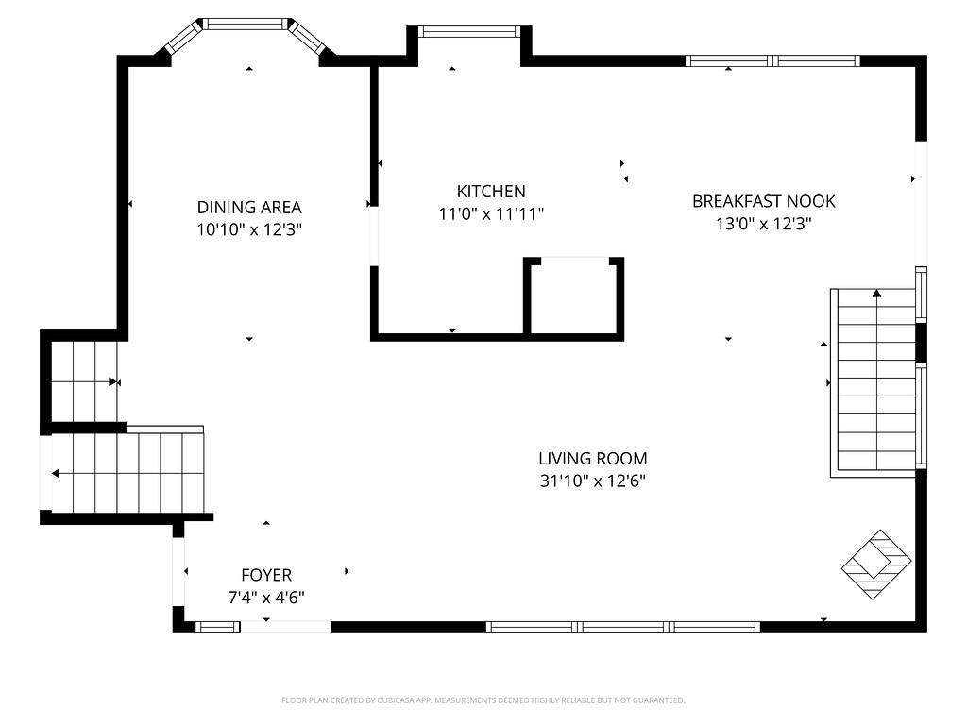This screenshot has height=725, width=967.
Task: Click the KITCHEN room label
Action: point(491,192)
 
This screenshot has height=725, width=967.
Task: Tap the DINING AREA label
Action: point(249,207)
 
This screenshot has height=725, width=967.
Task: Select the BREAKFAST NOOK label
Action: point(763,201)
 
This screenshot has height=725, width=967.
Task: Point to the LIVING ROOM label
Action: point(592,459)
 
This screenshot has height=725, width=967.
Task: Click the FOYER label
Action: point(266,575)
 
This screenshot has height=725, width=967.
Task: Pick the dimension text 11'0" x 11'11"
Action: point(491,214)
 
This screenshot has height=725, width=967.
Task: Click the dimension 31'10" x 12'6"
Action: point(592,481)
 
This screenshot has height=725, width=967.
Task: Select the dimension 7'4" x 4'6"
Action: point(266,598)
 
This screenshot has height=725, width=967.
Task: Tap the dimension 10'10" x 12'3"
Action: point(249,229)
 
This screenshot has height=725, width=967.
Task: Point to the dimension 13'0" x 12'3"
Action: point(763,224)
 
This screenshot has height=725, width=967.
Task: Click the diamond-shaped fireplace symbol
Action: point(876,565)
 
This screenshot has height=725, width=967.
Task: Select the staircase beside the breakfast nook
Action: point(875,381)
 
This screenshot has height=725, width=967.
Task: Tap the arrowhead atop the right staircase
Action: point(876,294)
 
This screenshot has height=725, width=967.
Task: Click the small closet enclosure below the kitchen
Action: point(574,296)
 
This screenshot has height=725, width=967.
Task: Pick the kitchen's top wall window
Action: point(469,31)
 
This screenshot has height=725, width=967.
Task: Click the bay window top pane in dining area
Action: point(246,24)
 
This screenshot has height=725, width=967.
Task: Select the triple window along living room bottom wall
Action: point(623,627)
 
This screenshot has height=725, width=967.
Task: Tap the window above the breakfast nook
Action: point(772,61)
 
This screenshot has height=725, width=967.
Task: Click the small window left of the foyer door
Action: point(217,627)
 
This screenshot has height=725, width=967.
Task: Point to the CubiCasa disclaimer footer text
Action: point(483,700)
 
